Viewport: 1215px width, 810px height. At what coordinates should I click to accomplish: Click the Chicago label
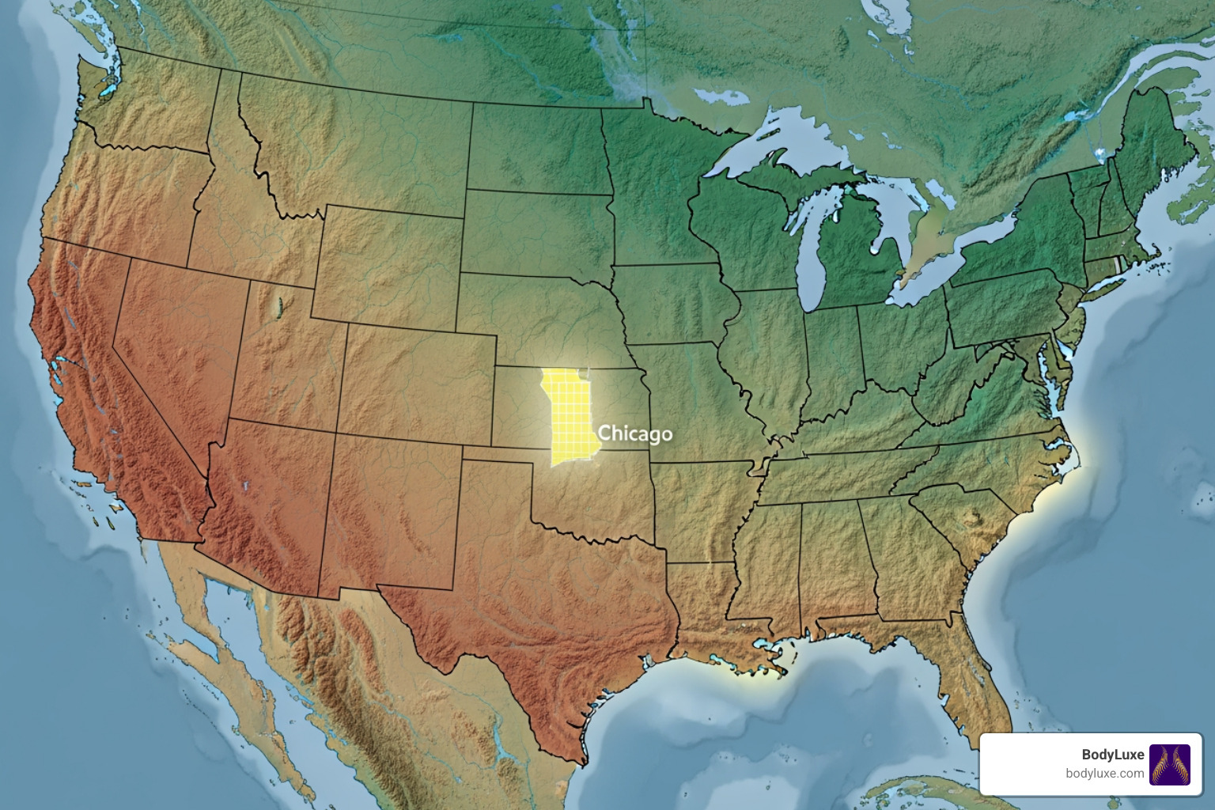point(635,433)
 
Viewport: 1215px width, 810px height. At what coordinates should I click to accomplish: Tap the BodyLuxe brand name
point(1112,755)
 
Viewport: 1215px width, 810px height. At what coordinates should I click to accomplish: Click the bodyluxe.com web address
point(1104,774)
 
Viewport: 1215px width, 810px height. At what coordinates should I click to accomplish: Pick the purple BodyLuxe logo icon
point(1169,764)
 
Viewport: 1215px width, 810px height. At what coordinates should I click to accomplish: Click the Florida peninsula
point(977,680)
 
